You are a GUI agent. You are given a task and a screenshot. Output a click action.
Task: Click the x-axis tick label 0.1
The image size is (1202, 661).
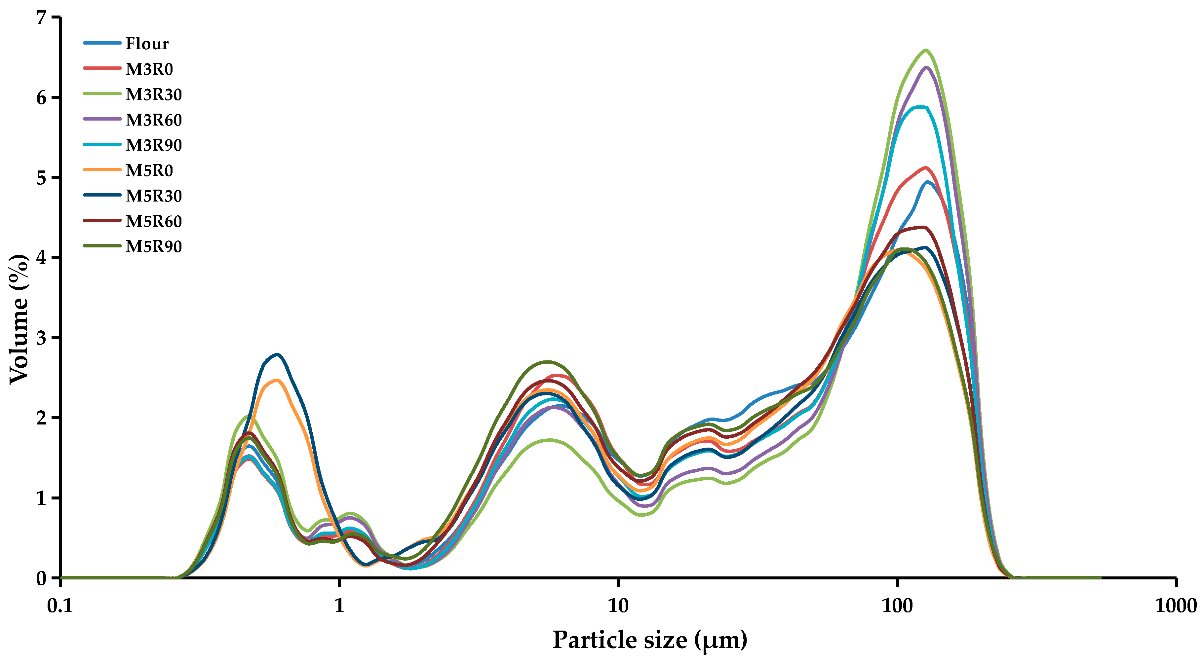tap(61, 606)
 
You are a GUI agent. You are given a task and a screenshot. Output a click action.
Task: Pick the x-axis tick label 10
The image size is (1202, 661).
tap(618, 606)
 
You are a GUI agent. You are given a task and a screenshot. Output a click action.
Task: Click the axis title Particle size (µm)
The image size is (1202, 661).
tap(649, 640)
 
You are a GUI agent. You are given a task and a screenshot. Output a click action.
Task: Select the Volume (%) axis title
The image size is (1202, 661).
tap(19, 319)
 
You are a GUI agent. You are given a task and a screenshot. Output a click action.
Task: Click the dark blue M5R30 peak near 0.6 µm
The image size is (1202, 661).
tap(278, 354)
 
